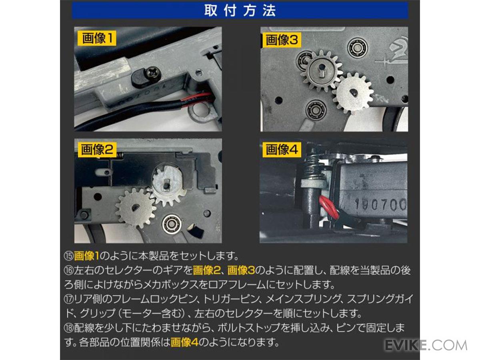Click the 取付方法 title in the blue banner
pyautogui.click(x=240, y=10)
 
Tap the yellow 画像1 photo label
pyautogui.click(x=97, y=38)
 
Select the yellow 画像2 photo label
pyautogui.click(x=97, y=150)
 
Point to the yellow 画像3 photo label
pyautogui.click(x=282, y=40)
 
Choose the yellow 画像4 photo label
pyautogui.click(x=282, y=150)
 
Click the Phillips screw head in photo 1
pyautogui.click(x=154, y=74)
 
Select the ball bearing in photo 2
pyautogui.click(x=172, y=223)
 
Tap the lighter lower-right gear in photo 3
pyautogui.click(x=353, y=93)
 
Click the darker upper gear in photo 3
pyautogui.click(x=321, y=71)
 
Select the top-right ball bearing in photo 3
pyautogui.click(x=357, y=48)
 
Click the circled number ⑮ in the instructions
pyautogui.click(x=69, y=256)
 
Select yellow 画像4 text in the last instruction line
pyautogui.click(x=184, y=342)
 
